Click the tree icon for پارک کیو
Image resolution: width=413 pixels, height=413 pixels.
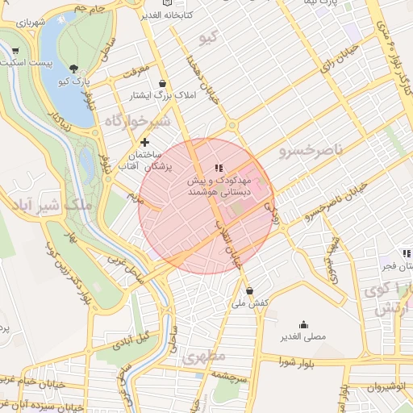[x=75, y=69]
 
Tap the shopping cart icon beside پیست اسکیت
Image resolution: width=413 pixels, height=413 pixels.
[x=15, y=52]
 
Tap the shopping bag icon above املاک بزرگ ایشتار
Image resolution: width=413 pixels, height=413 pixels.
[x=164, y=83]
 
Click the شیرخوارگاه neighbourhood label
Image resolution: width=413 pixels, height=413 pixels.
[x=136, y=120]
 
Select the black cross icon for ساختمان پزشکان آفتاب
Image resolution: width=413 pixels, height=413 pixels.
[x=144, y=142]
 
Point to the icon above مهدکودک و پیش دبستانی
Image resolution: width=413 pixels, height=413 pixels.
[x=219, y=168]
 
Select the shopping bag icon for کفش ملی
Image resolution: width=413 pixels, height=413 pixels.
[x=249, y=291]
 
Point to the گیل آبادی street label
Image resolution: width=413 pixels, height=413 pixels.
[x=133, y=340]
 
